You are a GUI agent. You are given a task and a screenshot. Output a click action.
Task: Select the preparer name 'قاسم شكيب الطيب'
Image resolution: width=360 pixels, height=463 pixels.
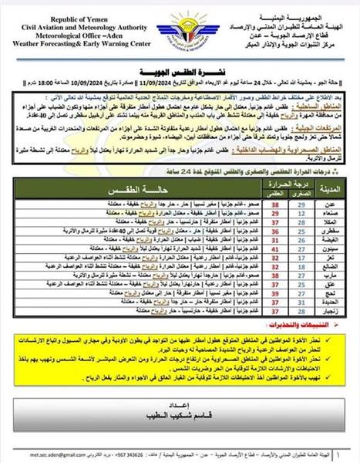(x=180, y=414)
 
